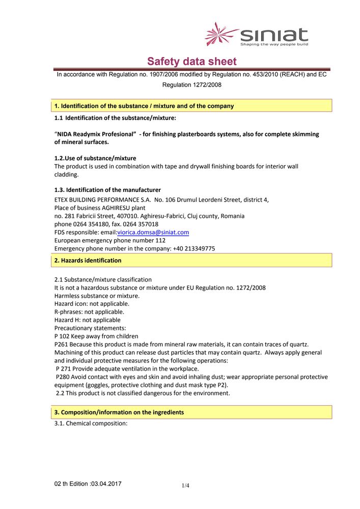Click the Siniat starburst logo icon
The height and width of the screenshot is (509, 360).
[x=220, y=34]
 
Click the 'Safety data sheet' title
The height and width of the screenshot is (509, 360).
[x=192, y=62]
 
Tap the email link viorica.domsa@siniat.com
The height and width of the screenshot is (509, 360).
[x=153, y=232]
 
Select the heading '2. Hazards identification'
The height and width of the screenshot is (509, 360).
[x=88, y=260]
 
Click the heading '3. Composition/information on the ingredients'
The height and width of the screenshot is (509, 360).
[x=119, y=412]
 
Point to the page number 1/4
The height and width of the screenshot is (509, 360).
[x=185, y=486]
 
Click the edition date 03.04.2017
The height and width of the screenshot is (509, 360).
[x=106, y=483]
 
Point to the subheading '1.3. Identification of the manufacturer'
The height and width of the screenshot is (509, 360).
[x=107, y=190]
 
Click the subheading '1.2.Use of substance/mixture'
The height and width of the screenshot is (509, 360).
[x=95, y=158]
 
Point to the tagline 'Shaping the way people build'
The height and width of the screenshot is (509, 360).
[x=274, y=44]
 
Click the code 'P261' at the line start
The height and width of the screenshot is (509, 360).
[x=62, y=345]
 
